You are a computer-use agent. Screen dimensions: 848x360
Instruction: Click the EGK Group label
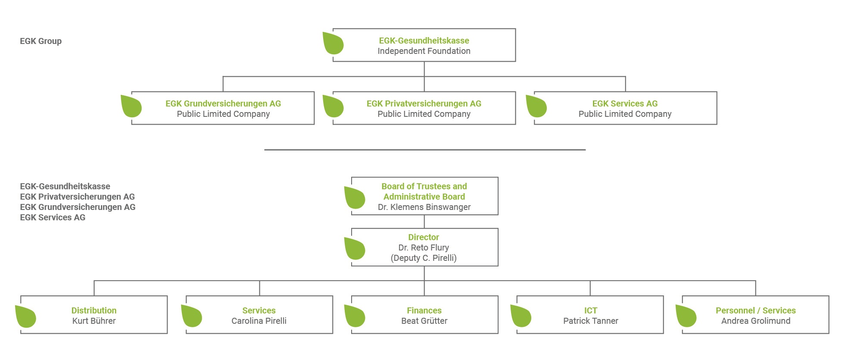(41, 41)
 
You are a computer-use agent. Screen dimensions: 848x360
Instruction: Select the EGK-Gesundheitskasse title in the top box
(424, 41)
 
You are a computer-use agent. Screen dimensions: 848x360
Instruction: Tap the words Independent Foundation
(424, 51)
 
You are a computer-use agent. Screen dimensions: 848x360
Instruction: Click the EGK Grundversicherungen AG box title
(223, 103)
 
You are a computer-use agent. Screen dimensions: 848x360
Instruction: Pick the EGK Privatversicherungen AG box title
(424, 103)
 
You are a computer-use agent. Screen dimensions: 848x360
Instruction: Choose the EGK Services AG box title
(625, 103)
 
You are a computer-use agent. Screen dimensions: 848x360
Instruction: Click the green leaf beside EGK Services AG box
(536, 106)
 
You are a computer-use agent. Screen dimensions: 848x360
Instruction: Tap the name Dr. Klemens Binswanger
(424, 207)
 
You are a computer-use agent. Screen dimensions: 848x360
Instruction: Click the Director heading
(424, 237)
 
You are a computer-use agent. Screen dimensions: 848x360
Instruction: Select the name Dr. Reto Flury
(424, 247)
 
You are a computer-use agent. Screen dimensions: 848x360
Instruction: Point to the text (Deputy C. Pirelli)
(424, 258)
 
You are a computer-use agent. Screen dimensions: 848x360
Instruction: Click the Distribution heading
(94, 310)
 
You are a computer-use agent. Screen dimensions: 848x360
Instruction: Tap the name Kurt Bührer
(94, 321)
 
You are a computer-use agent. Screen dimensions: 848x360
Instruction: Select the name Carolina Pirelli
(259, 321)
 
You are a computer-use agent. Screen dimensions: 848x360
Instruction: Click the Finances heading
(424, 310)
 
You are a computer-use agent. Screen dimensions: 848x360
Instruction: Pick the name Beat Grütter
(424, 321)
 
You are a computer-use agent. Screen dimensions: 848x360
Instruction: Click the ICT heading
(591, 310)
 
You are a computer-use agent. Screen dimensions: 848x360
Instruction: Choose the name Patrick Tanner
(591, 321)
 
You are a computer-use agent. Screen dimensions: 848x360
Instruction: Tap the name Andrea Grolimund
(756, 321)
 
